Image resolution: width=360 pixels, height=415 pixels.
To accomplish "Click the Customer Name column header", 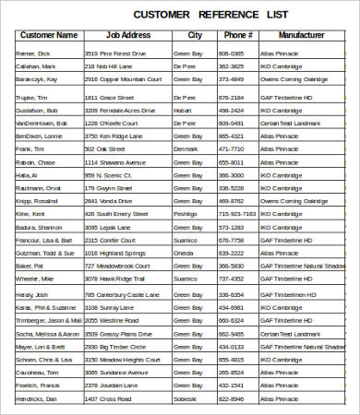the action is [49, 35].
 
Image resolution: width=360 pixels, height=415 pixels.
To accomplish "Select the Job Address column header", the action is [128, 35].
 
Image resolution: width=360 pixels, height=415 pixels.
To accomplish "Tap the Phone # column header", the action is [237, 35].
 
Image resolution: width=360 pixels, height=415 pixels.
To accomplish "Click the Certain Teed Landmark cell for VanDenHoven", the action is [292, 122].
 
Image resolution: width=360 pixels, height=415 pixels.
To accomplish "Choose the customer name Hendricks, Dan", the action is [36, 398].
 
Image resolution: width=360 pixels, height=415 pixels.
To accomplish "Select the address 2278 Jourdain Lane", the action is [111, 385].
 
